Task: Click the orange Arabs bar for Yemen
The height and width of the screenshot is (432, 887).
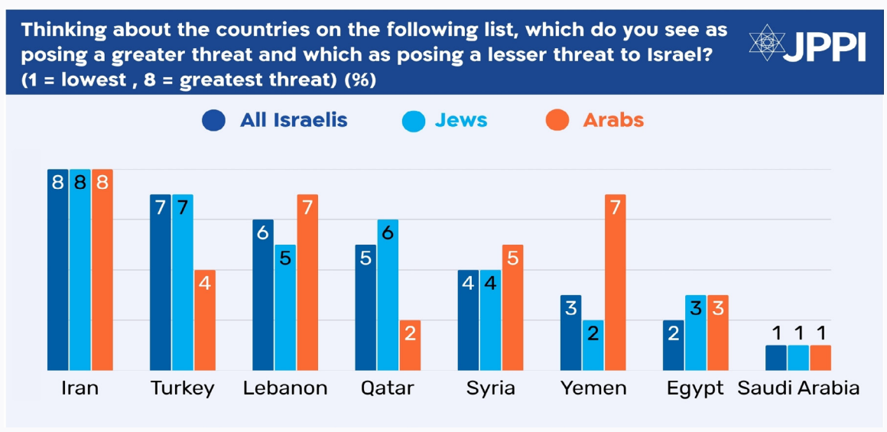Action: coord(615,282)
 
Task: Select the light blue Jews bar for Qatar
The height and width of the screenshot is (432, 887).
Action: coord(387,294)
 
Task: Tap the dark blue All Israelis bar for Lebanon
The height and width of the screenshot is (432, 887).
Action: coord(263,294)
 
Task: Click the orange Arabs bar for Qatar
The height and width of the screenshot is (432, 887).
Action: coord(410,345)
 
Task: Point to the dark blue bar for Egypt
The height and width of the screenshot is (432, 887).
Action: coord(673,345)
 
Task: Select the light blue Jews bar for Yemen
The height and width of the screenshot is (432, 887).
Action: coord(593,345)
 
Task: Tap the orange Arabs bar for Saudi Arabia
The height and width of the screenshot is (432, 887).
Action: coord(820,358)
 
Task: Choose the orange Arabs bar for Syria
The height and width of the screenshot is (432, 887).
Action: coord(512,307)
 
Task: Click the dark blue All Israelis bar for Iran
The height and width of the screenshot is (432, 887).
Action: coord(58,269)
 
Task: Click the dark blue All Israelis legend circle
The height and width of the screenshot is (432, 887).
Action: coord(213,121)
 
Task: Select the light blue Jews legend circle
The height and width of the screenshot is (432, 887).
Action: coord(414,121)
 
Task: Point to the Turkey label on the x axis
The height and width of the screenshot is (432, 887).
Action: coord(182,388)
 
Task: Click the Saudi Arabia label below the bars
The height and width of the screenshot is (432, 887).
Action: coord(798,388)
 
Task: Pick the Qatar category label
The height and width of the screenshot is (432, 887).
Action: coord(387,388)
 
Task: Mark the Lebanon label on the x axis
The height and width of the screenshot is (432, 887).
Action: coord(285,388)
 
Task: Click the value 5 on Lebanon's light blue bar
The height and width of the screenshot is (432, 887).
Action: coord(285,258)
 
